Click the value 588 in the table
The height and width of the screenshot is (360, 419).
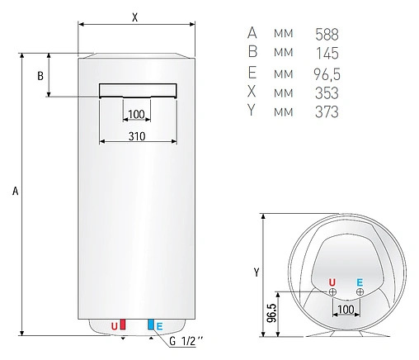(x=327, y=34)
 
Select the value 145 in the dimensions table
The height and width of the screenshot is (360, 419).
(x=327, y=53)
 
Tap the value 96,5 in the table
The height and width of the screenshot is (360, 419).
(x=327, y=73)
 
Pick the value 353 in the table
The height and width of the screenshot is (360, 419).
(x=327, y=92)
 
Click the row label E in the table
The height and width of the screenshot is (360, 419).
(x=252, y=73)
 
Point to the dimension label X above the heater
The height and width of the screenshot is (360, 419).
(x=135, y=17)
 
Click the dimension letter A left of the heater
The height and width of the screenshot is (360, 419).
(x=15, y=192)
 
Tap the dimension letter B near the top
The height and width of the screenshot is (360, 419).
(x=39, y=77)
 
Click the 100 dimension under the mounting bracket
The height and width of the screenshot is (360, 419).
(x=136, y=114)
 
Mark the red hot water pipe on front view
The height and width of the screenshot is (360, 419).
(x=123, y=324)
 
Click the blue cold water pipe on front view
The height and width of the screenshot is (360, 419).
(x=150, y=324)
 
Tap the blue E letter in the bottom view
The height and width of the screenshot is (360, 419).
(x=360, y=281)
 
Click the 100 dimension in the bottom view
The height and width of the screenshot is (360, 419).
(x=346, y=309)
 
